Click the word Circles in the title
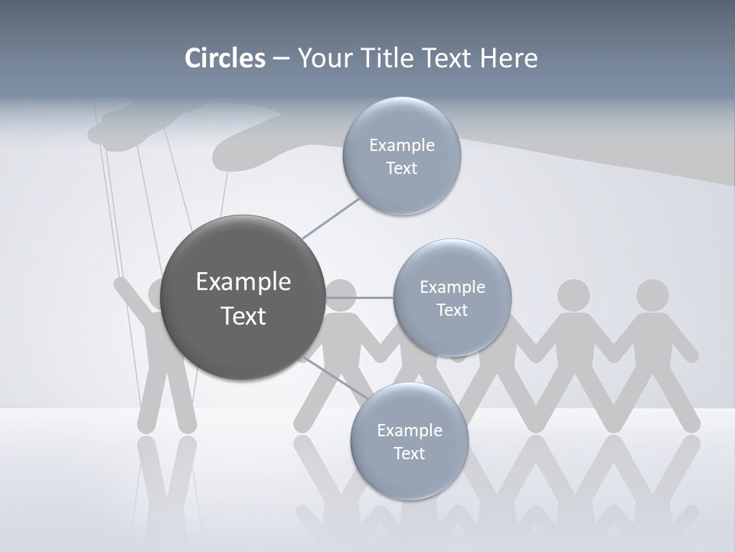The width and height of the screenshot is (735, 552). (225, 58)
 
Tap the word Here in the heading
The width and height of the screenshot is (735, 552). (508, 58)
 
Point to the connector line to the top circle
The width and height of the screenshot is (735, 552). (331, 218)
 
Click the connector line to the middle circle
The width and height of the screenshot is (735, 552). (359, 297)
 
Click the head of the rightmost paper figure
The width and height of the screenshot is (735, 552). (652, 295)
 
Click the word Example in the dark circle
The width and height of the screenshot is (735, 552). (243, 282)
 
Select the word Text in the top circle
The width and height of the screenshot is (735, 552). (401, 169)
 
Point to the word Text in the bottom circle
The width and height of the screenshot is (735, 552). (409, 454)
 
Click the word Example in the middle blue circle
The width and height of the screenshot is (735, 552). (452, 287)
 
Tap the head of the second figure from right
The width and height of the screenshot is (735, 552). (573, 295)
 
